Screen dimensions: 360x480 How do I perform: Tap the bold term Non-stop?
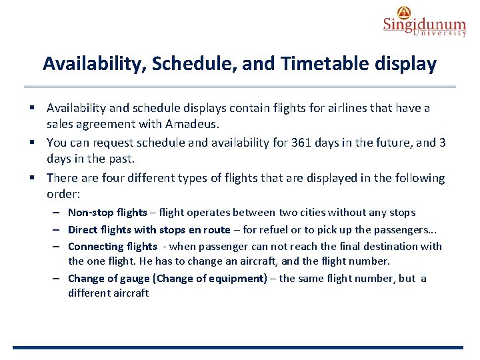coord(90,213)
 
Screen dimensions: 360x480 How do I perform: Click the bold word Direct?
coord(83,230)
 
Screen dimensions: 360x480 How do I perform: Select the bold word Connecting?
coord(94,247)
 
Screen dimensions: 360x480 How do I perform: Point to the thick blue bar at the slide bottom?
coord(237,347)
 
